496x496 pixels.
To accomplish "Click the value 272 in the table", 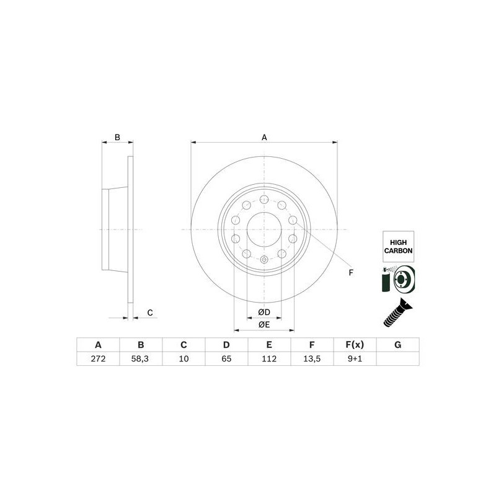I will click(98, 359).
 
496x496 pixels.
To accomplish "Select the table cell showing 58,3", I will click(141, 359).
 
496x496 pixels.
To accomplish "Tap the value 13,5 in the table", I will click(312, 359).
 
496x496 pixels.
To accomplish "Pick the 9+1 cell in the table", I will click(355, 359).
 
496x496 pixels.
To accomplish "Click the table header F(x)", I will click(355, 345).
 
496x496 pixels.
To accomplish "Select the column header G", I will click(397, 345).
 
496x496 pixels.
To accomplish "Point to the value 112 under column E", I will click(269, 359).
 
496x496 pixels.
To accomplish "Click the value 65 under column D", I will click(226, 359).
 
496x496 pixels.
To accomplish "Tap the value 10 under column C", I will click(184, 359).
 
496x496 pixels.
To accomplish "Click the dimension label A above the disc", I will click(264, 137).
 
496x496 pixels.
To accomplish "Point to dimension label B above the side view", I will click(117, 137).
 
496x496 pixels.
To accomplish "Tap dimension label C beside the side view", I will click(150, 313).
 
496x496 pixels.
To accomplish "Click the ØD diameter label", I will click(264, 311).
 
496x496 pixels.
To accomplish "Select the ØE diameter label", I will click(264, 324).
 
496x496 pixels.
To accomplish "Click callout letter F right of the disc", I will click(350, 272).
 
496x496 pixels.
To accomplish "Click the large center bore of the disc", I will click(264, 229).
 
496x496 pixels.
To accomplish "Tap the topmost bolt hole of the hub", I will click(264, 199).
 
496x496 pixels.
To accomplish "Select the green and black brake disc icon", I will click(397, 280).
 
